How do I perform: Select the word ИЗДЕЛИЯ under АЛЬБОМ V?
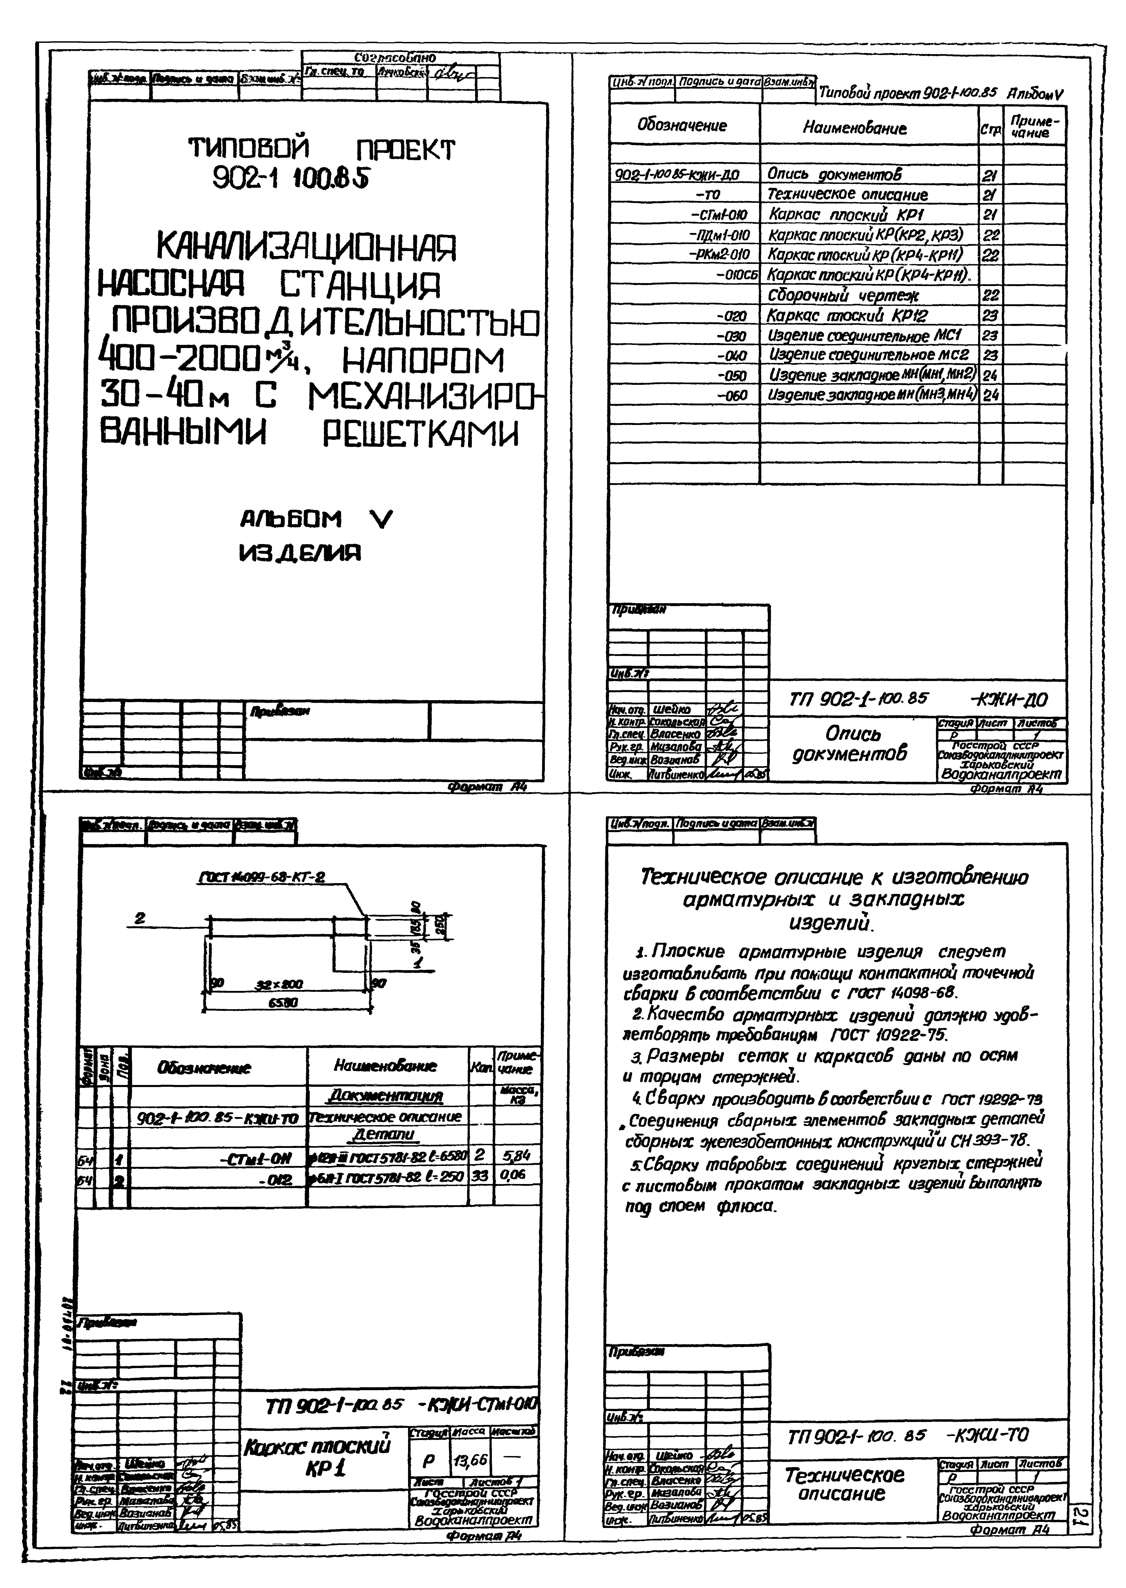click(300, 553)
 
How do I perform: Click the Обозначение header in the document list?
click(682, 126)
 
